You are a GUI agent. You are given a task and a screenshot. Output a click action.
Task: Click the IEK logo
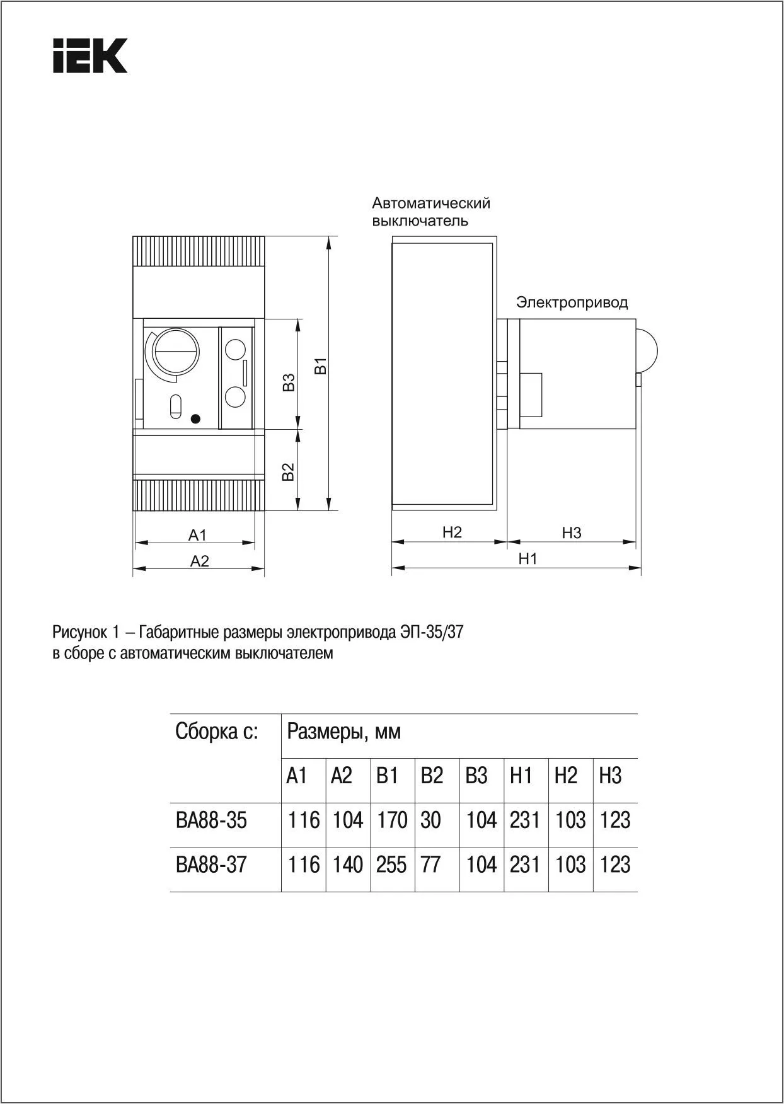[x=90, y=56]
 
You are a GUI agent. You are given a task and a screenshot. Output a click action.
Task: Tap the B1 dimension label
[x=321, y=366]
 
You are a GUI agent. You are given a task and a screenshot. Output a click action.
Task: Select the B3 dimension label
[x=289, y=382]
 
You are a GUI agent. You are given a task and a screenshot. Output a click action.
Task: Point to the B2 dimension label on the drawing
[x=288, y=472]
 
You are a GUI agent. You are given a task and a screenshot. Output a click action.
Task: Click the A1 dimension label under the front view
[x=197, y=535]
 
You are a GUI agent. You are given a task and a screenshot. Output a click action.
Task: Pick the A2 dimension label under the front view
[x=199, y=561]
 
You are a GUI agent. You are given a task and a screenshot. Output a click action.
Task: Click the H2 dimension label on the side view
[x=452, y=532]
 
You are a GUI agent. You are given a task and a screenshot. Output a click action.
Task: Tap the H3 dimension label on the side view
[x=571, y=533]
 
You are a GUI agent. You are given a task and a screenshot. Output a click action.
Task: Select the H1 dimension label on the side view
[x=527, y=559]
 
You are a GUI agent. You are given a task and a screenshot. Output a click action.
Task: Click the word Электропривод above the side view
[x=572, y=302]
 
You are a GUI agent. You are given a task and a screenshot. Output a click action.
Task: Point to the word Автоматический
[x=431, y=203]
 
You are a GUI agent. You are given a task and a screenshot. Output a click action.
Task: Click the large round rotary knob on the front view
[x=177, y=352]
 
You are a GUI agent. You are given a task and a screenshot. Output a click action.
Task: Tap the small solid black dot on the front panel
[x=195, y=418]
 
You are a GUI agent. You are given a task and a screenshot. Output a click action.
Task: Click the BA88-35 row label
[x=211, y=820]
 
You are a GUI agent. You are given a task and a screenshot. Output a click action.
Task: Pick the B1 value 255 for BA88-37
[x=391, y=865]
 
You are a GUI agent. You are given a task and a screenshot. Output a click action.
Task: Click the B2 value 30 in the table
[x=430, y=820]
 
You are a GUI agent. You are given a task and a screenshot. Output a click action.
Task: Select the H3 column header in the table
[x=610, y=776]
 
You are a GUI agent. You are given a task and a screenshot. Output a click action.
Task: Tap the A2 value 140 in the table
[x=347, y=865]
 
